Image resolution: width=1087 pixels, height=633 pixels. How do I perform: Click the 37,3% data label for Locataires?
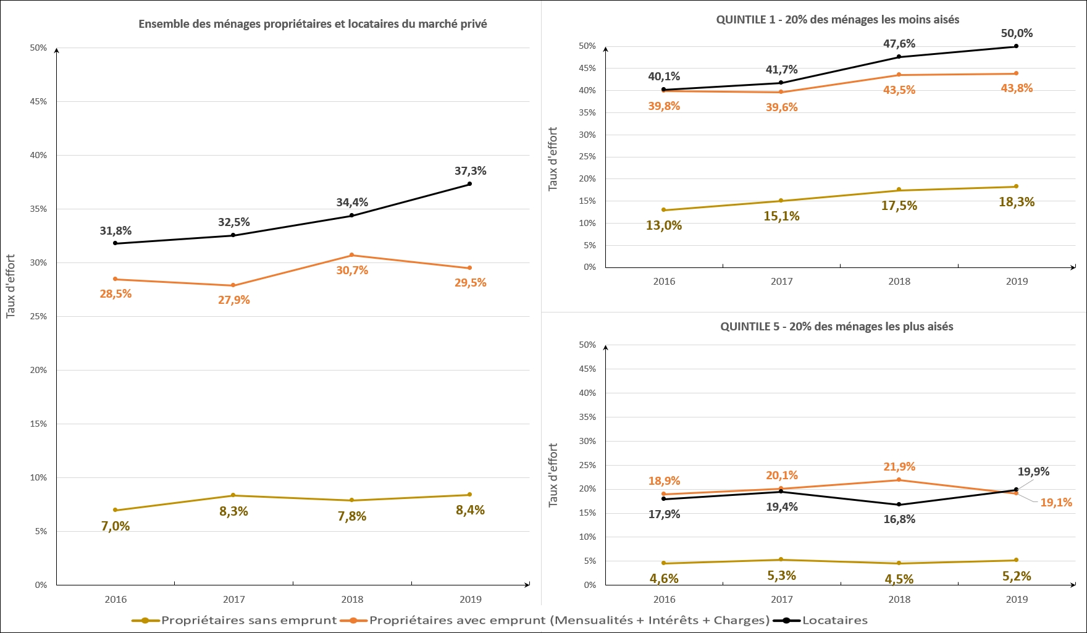tap(470, 171)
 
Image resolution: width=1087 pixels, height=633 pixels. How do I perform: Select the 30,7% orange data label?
tap(352, 270)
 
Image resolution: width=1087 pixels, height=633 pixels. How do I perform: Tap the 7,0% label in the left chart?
tap(115, 526)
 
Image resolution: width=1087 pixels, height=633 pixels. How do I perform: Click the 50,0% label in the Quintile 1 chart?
tap(1017, 33)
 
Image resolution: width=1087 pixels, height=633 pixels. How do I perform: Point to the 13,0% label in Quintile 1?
tap(664, 225)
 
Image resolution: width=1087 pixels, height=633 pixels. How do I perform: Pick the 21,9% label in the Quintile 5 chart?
tap(899, 467)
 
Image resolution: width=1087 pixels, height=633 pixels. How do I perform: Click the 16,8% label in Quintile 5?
tap(899, 519)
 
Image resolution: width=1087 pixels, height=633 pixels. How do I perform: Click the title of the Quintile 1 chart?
tap(837, 20)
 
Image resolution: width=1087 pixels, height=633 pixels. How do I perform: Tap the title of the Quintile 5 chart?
tap(836, 327)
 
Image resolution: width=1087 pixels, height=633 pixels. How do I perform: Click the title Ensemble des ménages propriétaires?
tap(313, 24)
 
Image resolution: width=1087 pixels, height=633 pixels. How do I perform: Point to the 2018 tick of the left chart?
tap(352, 599)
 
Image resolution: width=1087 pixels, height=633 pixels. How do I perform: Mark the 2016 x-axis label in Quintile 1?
tap(664, 282)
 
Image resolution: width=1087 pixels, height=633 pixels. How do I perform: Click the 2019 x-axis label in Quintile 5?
tap(1017, 599)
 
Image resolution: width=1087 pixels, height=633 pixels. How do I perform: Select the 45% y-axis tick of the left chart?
tap(38, 101)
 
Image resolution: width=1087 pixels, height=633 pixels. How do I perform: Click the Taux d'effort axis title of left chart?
tap(10, 287)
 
